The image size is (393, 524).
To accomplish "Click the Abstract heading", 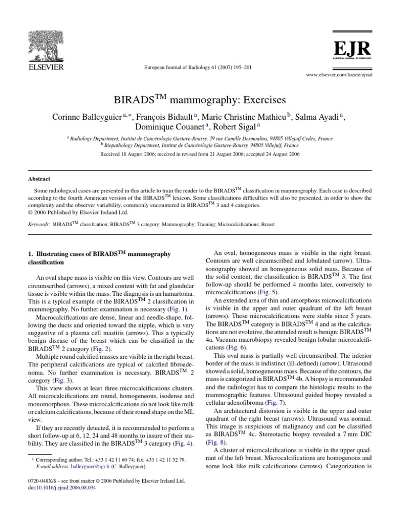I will tap(39, 179).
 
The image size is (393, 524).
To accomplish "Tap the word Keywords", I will tap(39, 225).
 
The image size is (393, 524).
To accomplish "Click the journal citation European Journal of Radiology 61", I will tap(196, 68).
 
